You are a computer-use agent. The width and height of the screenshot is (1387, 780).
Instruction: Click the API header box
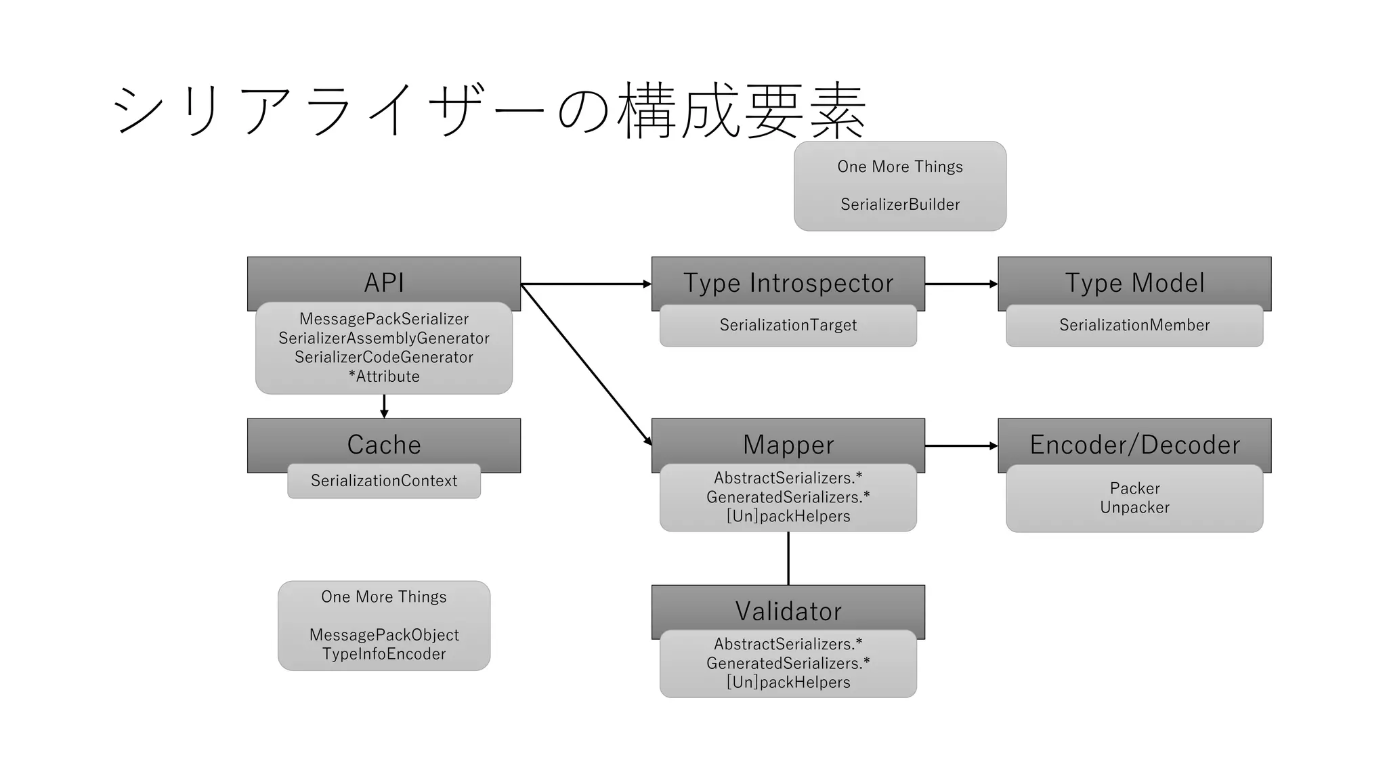point(383,282)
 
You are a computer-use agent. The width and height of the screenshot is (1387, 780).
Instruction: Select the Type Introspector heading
point(788,282)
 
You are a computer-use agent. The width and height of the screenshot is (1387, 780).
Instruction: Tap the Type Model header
point(1134,282)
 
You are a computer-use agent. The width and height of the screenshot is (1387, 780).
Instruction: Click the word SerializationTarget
point(788,325)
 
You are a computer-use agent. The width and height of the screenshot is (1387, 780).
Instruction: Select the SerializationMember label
point(1134,325)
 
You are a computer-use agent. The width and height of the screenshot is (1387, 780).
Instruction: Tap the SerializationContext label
point(383,481)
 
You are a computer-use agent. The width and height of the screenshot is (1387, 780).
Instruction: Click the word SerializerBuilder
point(899,204)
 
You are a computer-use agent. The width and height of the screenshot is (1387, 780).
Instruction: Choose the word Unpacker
point(1134,508)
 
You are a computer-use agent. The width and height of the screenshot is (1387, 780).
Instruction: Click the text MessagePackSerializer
point(383,319)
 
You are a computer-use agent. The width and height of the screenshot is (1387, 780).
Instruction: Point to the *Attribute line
point(383,376)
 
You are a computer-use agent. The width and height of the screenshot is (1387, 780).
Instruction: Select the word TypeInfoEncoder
point(383,654)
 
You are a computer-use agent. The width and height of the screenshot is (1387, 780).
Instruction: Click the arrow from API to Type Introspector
point(586,284)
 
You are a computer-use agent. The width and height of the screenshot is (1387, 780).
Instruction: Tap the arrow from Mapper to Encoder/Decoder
point(960,446)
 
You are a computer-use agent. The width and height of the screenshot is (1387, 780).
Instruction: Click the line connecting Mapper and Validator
point(788,558)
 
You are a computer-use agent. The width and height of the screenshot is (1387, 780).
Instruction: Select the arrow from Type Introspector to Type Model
point(960,284)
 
